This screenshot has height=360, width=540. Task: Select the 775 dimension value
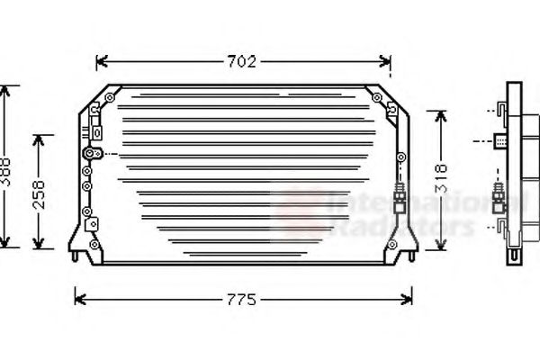click(x=241, y=298)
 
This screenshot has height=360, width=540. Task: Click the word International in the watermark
click(x=405, y=203)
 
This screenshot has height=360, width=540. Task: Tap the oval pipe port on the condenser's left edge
click(x=88, y=154)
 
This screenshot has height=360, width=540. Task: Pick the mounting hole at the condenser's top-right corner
click(x=378, y=97)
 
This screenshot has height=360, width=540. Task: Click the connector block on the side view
click(x=500, y=139)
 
